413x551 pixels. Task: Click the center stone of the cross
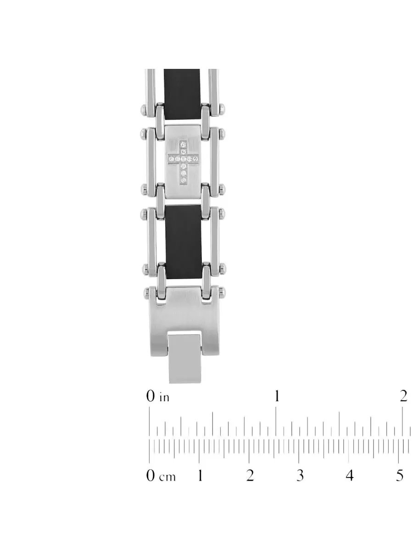[x=183, y=159]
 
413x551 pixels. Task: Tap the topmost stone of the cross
[x=183, y=144]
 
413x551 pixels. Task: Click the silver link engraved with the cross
[x=183, y=162]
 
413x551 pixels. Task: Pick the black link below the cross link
[x=183, y=242]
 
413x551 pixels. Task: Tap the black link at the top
[x=182, y=95]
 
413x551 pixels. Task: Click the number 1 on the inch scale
[x=277, y=396]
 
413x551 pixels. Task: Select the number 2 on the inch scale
[x=403, y=396]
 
